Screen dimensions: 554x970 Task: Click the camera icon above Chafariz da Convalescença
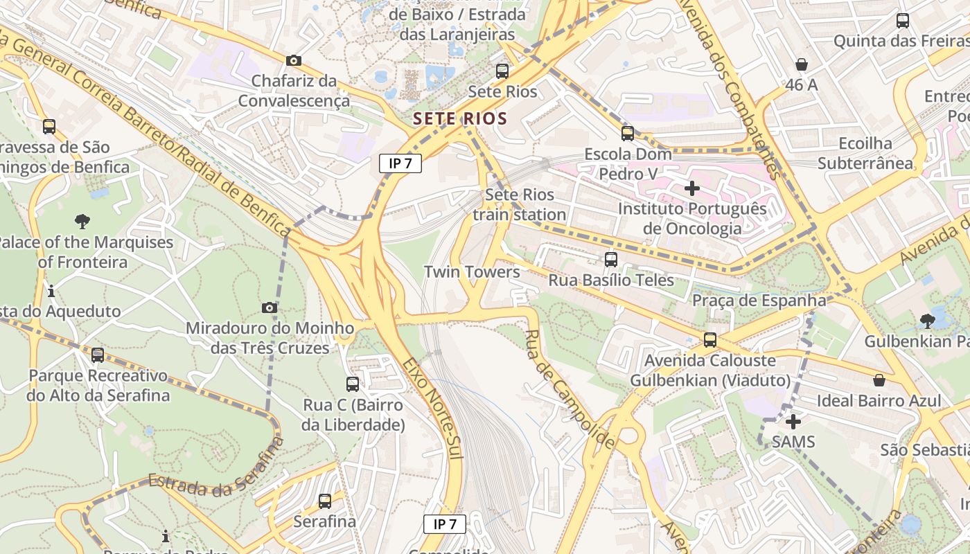(x=294, y=61)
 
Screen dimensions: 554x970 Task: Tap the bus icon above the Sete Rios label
(x=502, y=71)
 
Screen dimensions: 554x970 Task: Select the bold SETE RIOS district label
(x=460, y=118)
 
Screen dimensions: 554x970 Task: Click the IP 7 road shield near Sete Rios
(x=400, y=163)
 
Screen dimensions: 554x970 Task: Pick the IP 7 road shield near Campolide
(x=445, y=524)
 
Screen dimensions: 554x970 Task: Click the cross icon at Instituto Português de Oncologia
(x=691, y=188)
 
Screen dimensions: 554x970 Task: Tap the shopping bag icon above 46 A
(x=802, y=64)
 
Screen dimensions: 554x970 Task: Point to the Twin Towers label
(x=472, y=272)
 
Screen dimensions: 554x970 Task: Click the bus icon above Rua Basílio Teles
(x=610, y=260)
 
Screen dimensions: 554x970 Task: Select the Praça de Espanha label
(x=759, y=301)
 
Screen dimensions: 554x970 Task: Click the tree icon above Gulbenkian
(x=927, y=321)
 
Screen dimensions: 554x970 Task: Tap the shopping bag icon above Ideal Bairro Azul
(x=879, y=380)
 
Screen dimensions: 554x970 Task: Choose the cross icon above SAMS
(x=793, y=421)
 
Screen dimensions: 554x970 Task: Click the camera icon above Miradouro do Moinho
(x=270, y=307)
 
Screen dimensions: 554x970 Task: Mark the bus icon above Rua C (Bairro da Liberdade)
(x=353, y=384)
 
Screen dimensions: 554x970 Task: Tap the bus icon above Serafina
(x=325, y=501)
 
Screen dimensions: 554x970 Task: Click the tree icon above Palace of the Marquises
(x=82, y=222)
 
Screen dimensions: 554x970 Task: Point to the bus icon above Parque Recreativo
(x=98, y=355)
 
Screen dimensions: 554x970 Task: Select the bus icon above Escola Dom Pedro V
(x=627, y=133)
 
